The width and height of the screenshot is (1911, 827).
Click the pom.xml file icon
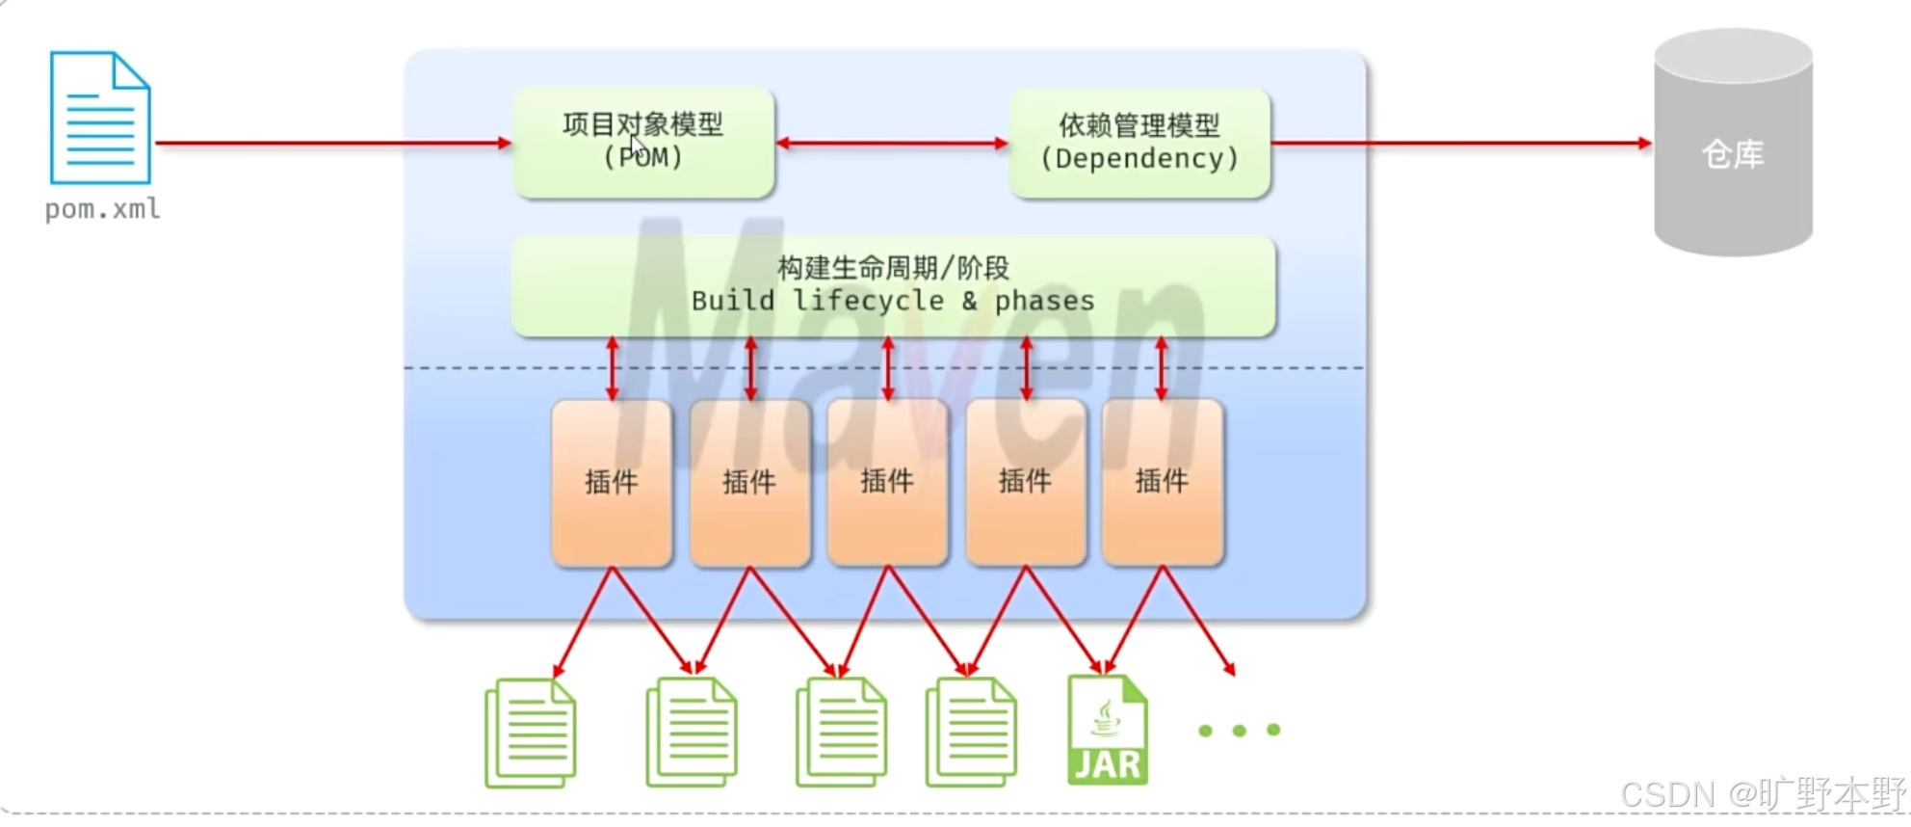100,118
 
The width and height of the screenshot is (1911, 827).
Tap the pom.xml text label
103,209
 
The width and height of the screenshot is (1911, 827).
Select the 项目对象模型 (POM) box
643,143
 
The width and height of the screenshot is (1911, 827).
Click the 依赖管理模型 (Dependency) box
1139,143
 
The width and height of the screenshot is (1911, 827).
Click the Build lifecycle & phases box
893,285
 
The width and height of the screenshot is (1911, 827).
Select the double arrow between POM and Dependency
892,144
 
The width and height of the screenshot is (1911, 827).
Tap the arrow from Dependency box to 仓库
1460,144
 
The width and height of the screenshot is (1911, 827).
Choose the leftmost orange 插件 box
612,482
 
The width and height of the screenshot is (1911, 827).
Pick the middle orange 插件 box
887,482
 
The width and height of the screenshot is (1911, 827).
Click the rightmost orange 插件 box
1163,482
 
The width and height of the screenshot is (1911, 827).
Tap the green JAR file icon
1108,730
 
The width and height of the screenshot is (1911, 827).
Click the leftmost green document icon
531,733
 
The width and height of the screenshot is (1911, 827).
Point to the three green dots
1240,731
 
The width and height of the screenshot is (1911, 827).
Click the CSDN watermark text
1763,794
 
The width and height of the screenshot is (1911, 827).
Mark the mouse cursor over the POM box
638,147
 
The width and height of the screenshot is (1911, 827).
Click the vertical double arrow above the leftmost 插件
612,368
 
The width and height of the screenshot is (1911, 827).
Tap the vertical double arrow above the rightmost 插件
1162,368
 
